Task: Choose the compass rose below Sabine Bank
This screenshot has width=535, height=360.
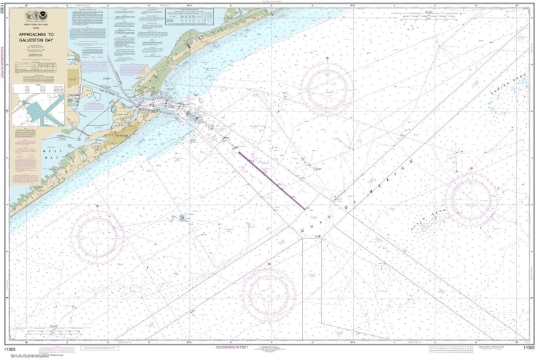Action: [471, 197]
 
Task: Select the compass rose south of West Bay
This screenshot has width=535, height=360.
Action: [98, 234]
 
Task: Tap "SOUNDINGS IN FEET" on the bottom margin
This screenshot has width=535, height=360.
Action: [235, 348]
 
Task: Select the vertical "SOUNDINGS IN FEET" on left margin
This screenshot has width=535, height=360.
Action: [5, 74]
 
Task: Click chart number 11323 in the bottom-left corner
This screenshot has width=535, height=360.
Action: [11, 348]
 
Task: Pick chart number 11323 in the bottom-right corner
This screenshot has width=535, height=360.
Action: [527, 348]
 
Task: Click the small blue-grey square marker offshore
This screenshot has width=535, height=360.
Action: [182, 217]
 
